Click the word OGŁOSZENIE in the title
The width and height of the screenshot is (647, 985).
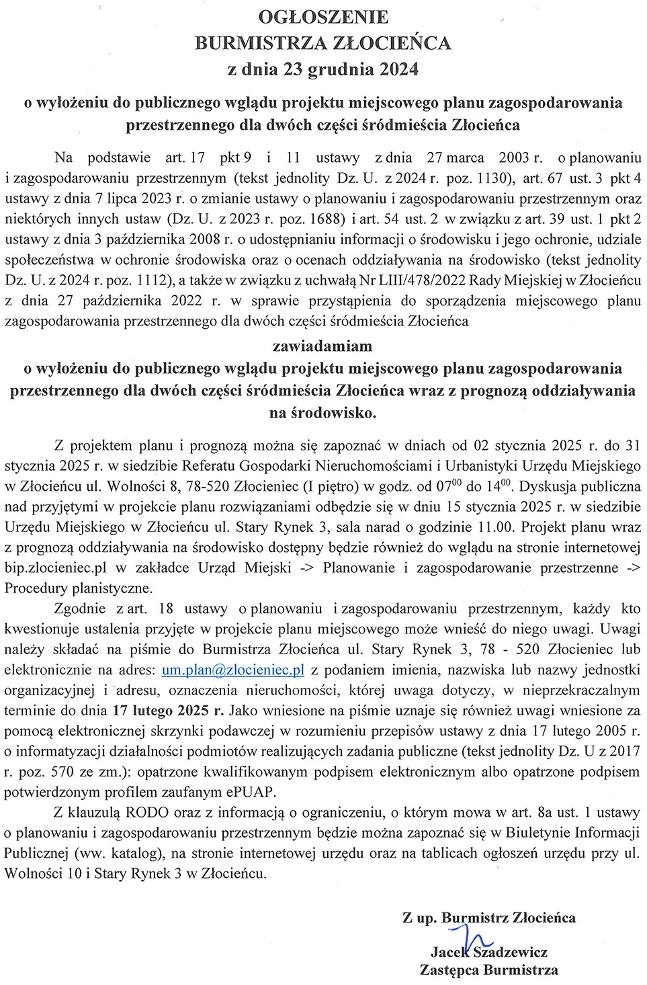pyautogui.click(x=323, y=17)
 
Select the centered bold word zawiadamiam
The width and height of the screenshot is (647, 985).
pyautogui.click(x=322, y=346)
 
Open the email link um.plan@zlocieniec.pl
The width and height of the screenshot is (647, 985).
pyautogui.click(x=233, y=670)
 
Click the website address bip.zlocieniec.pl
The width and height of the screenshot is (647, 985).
pyautogui.click(x=56, y=567)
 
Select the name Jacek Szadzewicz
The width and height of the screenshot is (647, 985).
pyautogui.click(x=489, y=952)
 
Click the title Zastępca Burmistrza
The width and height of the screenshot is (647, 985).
pyautogui.click(x=489, y=970)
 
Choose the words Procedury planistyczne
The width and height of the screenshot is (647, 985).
pyautogui.click(x=79, y=588)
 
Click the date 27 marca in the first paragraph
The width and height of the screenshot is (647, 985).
pyautogui.click(x=456, y=158)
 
